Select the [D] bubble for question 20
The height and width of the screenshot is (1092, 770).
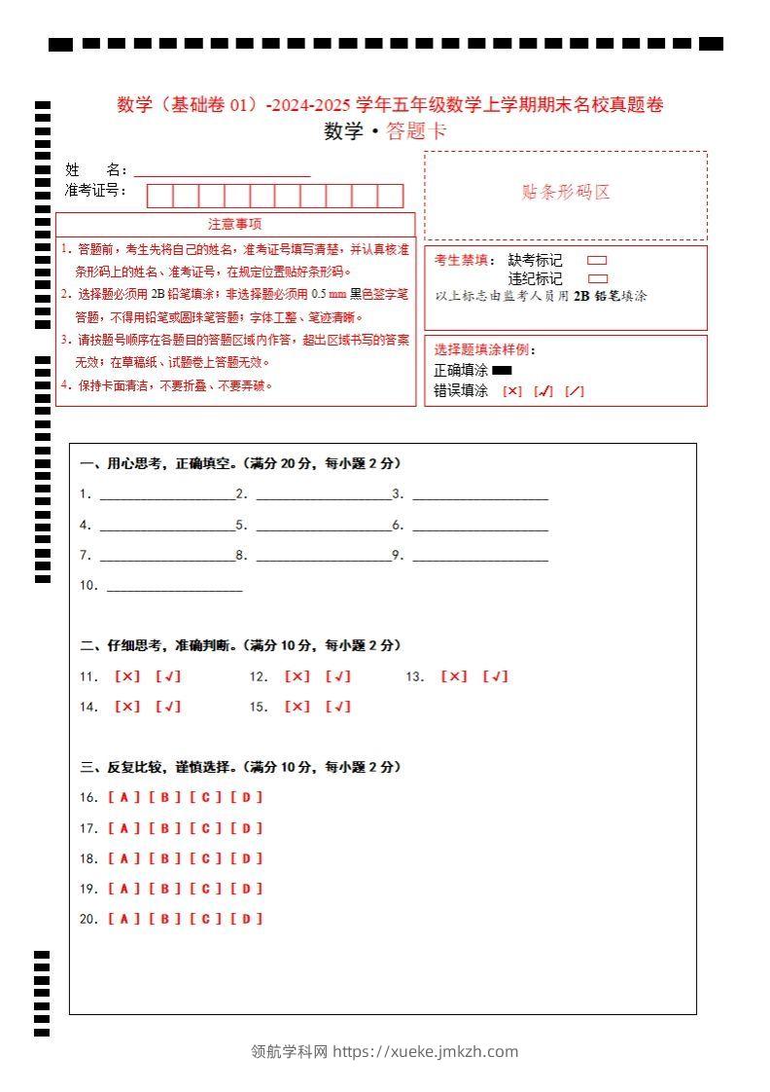247,918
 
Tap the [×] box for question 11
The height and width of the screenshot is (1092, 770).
127,676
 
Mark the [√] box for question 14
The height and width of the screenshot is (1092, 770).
168,707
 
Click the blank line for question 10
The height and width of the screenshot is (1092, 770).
174,587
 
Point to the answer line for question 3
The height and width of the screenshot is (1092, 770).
480,495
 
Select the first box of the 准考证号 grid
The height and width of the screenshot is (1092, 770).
159,196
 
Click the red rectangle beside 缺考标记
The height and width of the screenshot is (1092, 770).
597,260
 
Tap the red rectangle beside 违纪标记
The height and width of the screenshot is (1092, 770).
597,278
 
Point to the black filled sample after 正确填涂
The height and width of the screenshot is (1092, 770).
502,370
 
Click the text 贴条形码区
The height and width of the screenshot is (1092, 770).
566,193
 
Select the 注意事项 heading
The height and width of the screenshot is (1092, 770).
234,224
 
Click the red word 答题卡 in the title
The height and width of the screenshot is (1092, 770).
417,131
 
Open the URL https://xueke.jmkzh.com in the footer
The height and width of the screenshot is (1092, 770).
426,1051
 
